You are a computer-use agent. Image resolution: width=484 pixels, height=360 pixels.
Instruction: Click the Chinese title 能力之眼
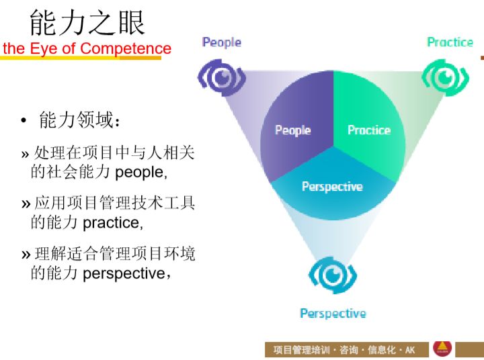pyautogui.click(x=87, y=23)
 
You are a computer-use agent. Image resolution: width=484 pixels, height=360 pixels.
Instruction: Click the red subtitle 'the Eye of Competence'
pyautogui.click(x=87, y=48)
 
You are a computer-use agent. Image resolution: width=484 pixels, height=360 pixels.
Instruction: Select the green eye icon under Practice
pyautogui.click(x=444, y=78)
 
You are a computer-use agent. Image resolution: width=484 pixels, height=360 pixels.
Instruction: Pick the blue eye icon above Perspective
pyautogui.click(x=332, y=275)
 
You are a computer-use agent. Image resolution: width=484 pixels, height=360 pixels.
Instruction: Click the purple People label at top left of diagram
pyautogui.click(x=221, y=42)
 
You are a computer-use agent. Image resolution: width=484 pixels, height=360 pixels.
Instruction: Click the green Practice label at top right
pyautogui.click(x=450, y=42)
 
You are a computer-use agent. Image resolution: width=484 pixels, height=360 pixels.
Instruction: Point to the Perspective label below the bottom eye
pyautogui.click(x=333, y=314)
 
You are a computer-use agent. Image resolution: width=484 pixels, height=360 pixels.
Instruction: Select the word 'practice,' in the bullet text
pyautogui.click(x=112, y=222)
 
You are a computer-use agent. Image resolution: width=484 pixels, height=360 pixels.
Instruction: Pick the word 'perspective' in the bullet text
pyautogui.click(x=124, y=273)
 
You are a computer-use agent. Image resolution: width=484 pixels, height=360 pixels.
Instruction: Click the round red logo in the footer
pyautogui.click(x=442, y=348)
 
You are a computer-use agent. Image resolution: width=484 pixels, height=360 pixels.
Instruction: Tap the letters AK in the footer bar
pyautogui.click(x=410, y=350)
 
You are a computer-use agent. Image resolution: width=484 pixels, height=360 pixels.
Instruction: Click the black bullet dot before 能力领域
pyautogui.click(x=24, y=122)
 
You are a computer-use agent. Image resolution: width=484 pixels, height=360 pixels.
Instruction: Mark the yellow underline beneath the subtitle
pyautogui.click(x=81, y=58)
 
